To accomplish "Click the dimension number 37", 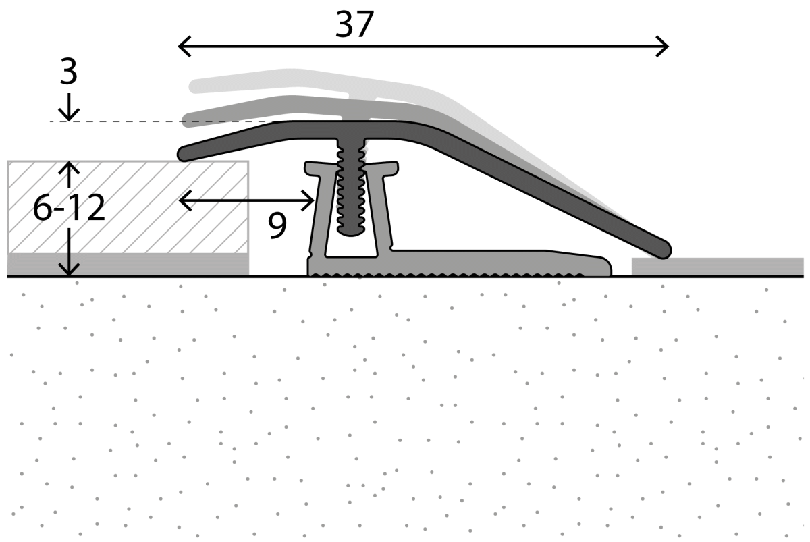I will coord(354,26).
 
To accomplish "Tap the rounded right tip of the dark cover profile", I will coord(664,248).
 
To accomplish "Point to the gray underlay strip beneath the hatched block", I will coord(128,265).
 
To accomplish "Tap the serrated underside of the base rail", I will coord(446,275).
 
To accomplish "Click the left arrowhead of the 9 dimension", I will coord(183,200).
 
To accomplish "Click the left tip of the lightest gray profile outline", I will coord(195,86).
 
